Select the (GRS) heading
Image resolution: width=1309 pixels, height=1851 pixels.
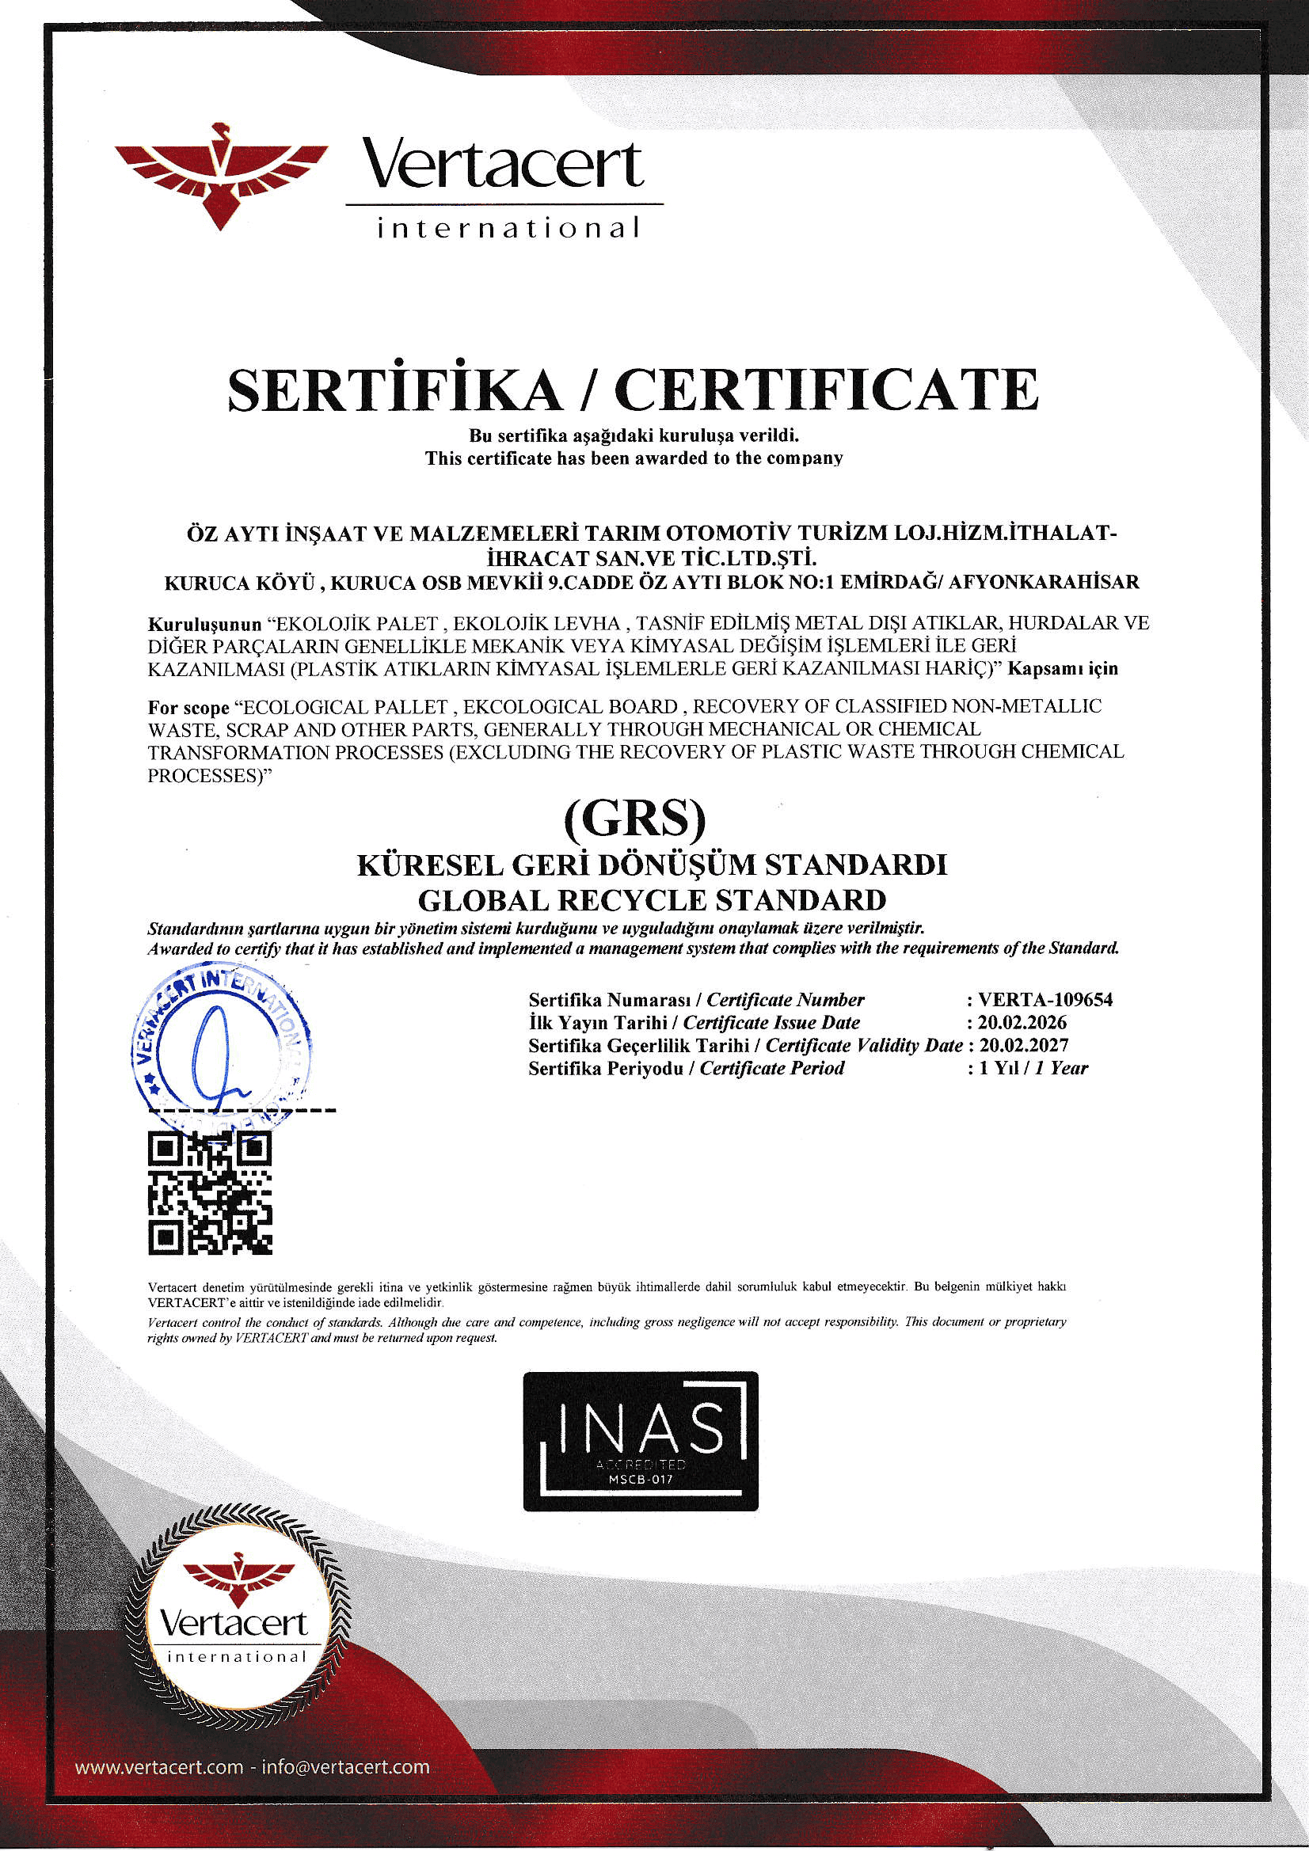click(x=634, y=819)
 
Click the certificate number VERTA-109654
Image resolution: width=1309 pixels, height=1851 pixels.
click(x=1045, y=1000)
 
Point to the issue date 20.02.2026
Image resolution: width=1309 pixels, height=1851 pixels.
click(x=1022, y=1022)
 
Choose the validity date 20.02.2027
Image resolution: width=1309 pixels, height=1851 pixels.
click(x=1022, y=1045)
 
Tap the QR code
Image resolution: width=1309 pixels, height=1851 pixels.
click(x=210, y=1194)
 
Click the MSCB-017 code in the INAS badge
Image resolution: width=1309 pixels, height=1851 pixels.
click(x=641, y=1481)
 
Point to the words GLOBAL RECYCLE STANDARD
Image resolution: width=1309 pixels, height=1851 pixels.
click(x=653, y=899)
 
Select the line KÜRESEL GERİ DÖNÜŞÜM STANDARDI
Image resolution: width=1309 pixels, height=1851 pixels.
click(x=653, y=866)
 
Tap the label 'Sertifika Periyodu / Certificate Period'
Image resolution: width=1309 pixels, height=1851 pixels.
click(x=687, y=1068)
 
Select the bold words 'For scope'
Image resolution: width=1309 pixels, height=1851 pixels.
click(x=188, y=708)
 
